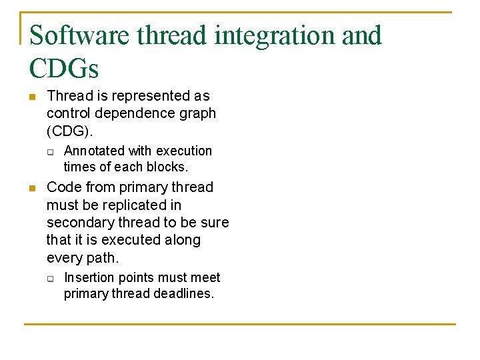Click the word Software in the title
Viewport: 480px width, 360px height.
(79, 35)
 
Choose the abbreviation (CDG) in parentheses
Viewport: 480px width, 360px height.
(69, 131)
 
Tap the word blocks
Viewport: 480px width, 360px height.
(168, 167)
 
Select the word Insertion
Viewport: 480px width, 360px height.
(90, 277)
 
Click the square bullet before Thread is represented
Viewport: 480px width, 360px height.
(32, 97)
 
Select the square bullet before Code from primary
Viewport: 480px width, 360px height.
(32, 189)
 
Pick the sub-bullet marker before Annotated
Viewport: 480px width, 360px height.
(50, 152)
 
